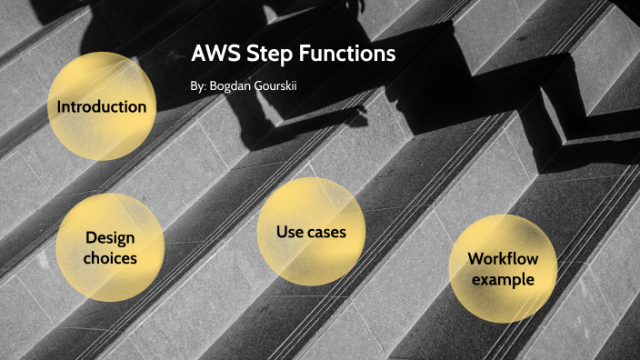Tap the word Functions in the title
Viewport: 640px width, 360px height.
pos(348,53)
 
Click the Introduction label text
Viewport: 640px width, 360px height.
pos(101,106)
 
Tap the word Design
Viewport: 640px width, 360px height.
pos(110,238)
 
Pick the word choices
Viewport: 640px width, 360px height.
pos(110,258)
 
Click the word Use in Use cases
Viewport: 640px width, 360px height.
pos(290,232)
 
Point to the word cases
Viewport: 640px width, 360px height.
pos(325,233)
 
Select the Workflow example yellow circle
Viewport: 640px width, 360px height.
pos(503,269)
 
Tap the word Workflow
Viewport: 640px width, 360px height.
pos(503,259)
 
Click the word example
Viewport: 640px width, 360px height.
pos(503,279)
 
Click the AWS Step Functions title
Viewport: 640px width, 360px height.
pos(294,53)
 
